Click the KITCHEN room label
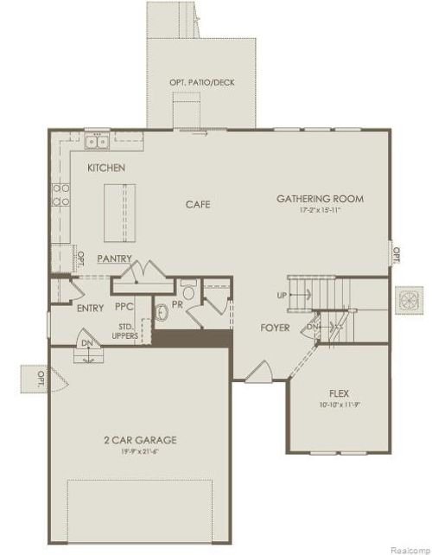click(x=106, y=167)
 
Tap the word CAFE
click(x=198, y=205)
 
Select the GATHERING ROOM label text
click(x=320, y=198)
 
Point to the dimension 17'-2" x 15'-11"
click(x=320, y=210)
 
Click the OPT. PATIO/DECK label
click(x=201, y=83)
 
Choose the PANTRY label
click(x=113, y=258)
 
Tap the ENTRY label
click(x=90, y=308)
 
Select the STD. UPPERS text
click(x=125, y=331)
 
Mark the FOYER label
click(x=275, y=328)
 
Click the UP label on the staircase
click(x=282, y=296)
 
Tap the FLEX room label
click(x=339, y=392)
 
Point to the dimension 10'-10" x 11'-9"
click(x=339, y=403)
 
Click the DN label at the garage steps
click(x=86, y=342)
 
